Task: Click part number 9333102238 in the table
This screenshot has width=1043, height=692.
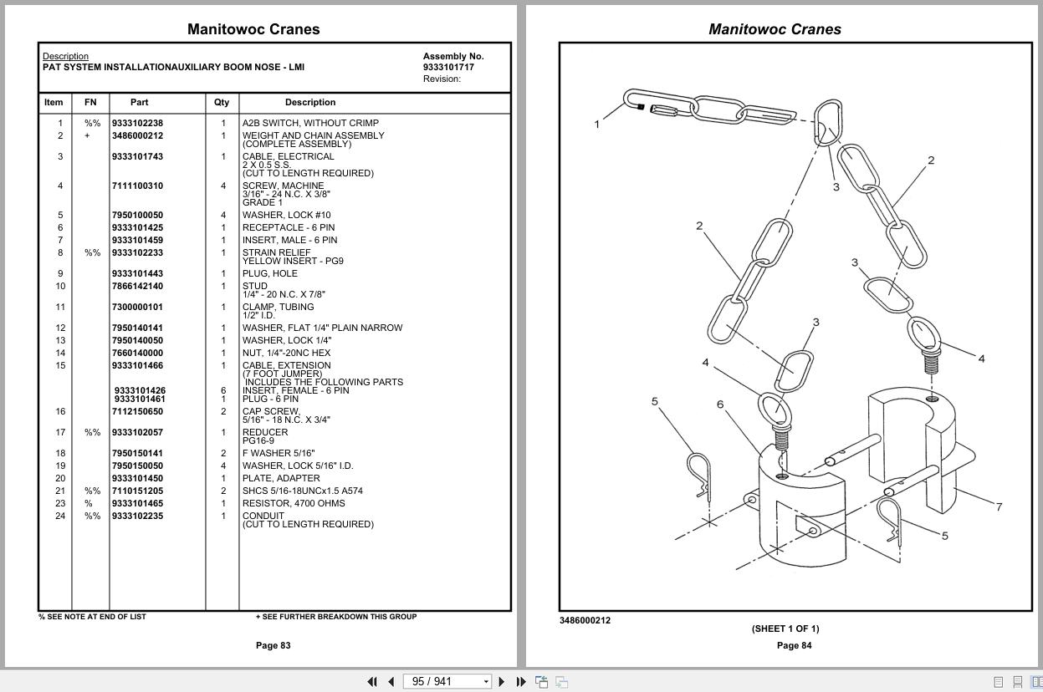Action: [137, 123]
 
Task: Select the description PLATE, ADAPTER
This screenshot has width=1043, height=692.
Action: [281, 478]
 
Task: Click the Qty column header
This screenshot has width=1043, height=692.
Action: [221, 102]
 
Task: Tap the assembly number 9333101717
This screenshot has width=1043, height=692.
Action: [448, 67]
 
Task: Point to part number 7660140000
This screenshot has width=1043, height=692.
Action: [137, 353]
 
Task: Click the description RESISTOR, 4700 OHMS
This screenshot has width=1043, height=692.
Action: [294, 503]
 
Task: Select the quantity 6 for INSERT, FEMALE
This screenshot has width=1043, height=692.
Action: [223, 390]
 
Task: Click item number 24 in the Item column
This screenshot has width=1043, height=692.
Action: [60, 516]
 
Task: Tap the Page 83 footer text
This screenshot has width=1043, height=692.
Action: [273, 645]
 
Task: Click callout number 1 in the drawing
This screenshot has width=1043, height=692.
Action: [597, 125]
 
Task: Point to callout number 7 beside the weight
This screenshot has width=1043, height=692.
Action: [999, 506]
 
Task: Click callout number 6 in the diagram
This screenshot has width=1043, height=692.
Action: [719, 405]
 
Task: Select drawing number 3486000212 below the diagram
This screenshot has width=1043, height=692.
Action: [585, 620]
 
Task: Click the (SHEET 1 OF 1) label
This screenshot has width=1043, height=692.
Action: [785, 628]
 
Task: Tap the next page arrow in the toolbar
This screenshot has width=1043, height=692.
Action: [502, 682]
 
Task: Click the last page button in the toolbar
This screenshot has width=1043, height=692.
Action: [521, 682]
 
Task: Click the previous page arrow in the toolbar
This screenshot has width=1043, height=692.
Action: [391, 682]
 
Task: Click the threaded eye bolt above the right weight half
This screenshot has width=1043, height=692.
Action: [927, 343]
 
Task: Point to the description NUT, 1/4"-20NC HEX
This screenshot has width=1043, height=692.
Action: [286, 353]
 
